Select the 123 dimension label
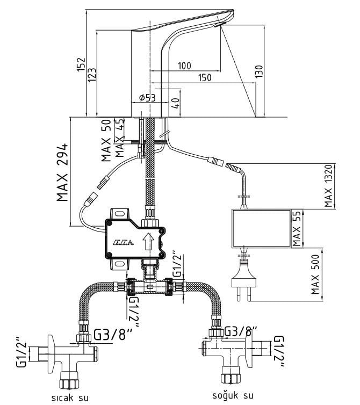[x=92, y=73]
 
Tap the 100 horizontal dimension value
[x=184, y=66]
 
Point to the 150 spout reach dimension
[x=204, y=78]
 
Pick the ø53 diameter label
[x=147, y=98]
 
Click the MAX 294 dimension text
[x=63, y=172]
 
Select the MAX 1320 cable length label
[x=329, y=186]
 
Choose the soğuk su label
[x=232, y=395]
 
